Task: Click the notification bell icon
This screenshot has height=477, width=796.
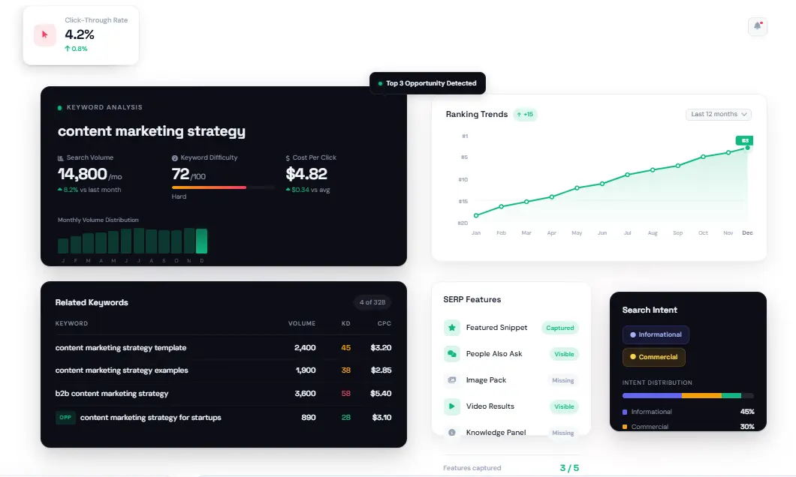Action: click(757, 26)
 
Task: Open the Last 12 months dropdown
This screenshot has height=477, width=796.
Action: click(719, 114)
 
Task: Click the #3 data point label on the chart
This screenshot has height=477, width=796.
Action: click(745, 140)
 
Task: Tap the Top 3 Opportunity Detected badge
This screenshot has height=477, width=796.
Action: click(428, 83)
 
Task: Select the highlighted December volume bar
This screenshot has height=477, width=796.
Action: click(201, 241)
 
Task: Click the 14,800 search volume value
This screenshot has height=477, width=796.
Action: click(83, 174)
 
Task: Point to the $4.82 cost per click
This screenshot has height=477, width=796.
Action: click(306, 174)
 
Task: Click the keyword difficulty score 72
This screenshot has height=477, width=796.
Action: click(180, 174)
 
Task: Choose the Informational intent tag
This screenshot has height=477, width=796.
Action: click(656, 334)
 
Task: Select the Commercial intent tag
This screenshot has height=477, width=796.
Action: click(653, 357)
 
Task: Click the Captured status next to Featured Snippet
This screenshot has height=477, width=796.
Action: click(559, 328)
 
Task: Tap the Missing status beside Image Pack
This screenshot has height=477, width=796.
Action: click(562, 380)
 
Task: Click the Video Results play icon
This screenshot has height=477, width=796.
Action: click(452, 406)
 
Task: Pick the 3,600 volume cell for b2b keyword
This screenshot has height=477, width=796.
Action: click(306, 393)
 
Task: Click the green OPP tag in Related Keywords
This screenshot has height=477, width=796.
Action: click(65, 417)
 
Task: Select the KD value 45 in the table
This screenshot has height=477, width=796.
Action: click(345, 348)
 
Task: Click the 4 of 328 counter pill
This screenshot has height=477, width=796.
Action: click(372, 302)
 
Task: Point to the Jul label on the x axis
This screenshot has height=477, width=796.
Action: click(627, 233)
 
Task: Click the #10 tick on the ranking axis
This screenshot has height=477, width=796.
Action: click(463, 179)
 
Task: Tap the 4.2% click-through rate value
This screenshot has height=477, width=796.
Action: click(80, 34)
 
